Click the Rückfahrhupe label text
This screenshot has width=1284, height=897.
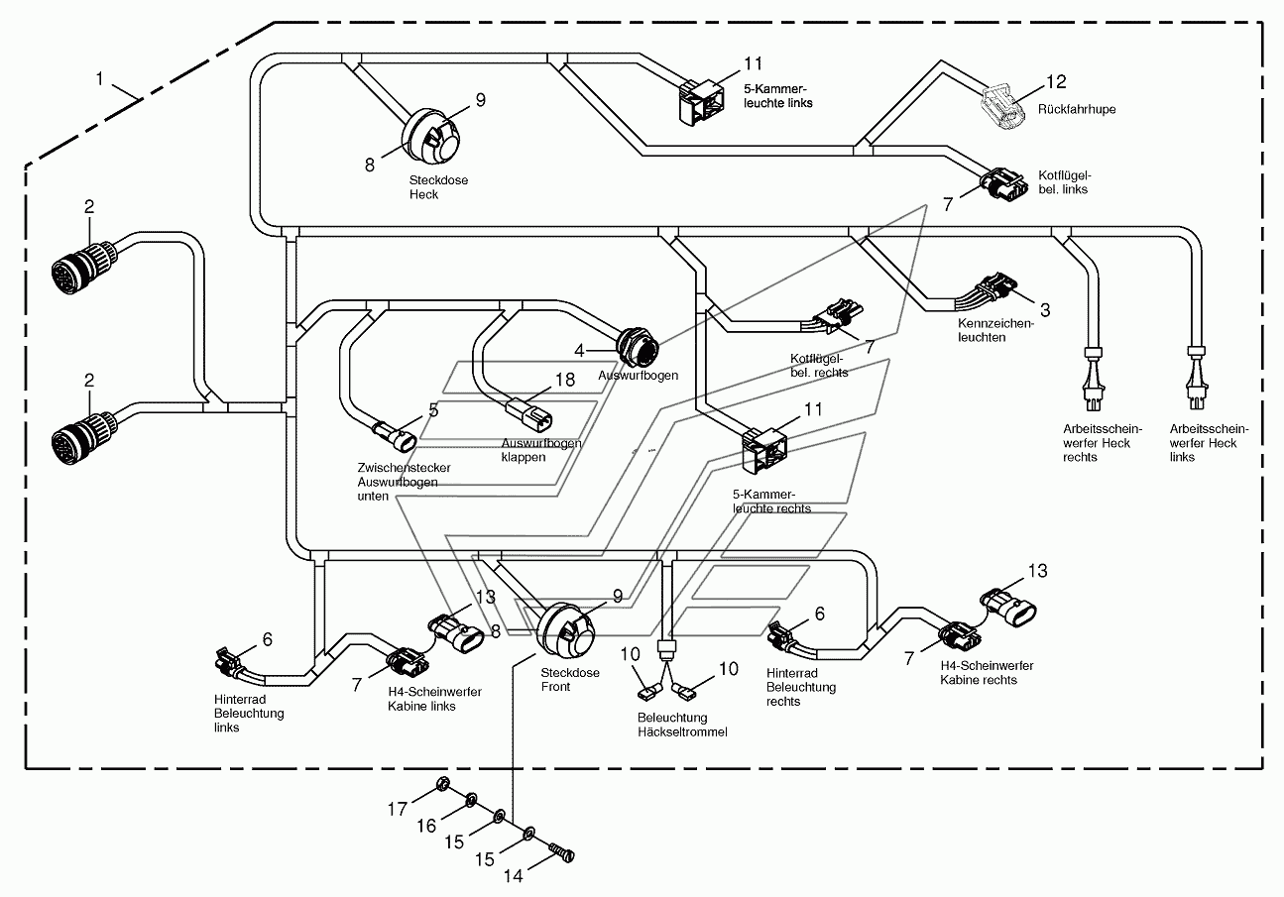point(1077,109)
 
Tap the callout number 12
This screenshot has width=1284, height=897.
point(1056,82)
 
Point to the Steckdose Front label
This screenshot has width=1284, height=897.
point(570,679)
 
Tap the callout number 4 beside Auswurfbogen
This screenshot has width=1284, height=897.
point(579,350)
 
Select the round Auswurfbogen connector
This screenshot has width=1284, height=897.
point(637,345)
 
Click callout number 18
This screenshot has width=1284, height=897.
point(565,380)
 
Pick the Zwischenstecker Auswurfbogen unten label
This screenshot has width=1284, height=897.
point(404,482)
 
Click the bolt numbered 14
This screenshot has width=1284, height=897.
point(562,851)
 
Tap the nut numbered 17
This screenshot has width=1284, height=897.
point(442,784)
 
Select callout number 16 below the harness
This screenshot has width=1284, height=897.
point(426,826)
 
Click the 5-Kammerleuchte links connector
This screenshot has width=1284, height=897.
point(701,102)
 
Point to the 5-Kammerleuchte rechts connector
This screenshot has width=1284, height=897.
point(764,450)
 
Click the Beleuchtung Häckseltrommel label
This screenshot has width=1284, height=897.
point(682,725)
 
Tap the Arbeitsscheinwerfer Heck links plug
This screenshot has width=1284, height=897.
point(1197,379)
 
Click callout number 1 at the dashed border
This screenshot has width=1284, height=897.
point(99,78)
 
